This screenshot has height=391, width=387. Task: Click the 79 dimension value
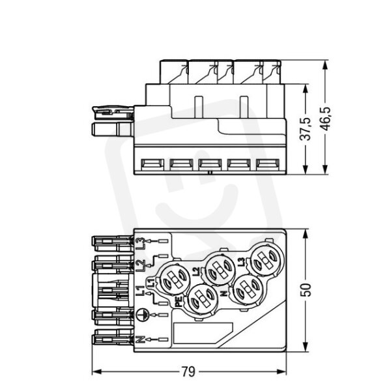pos(188,371)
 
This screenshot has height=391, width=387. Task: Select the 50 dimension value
pos(306,290)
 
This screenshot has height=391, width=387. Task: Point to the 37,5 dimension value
pos(305,128)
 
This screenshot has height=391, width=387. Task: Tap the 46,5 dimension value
pos(325,119)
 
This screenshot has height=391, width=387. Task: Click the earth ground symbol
pos(143,315)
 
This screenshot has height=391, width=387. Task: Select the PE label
pos(179,302)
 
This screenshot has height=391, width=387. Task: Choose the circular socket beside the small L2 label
pos(220,268)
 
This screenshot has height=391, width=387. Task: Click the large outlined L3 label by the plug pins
pos(140,244)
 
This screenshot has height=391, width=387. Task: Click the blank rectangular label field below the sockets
pos(203,333)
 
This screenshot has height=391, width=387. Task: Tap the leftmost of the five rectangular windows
pos(152,165)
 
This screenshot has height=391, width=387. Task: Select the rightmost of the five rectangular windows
pos(268,165)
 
